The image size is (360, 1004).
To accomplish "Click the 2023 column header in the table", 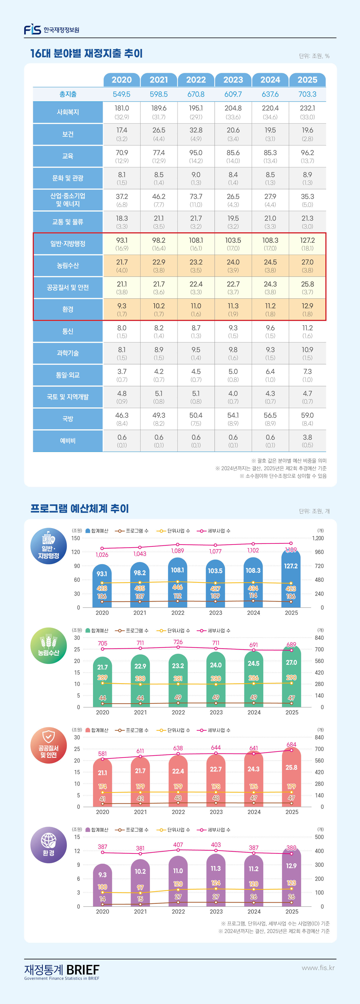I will coord(233,80).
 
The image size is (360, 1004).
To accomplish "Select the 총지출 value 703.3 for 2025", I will coord(307,94).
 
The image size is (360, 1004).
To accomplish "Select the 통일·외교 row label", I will coord(68,375).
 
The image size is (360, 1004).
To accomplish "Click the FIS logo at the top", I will coord(32,30).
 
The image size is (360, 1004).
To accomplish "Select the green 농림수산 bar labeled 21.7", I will coord(103,682).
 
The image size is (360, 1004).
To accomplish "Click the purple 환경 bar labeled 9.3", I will coord(103,885).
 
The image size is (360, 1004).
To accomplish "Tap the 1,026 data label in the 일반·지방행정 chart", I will coord(102,555).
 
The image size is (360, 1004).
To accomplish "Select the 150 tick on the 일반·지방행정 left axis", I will coord(76,538).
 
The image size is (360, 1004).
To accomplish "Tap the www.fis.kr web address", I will coord(318,968).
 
